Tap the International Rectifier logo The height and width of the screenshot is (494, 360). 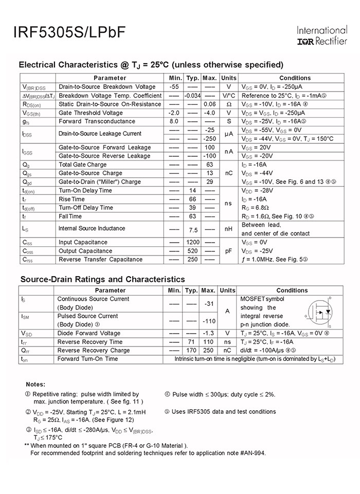[321, 35]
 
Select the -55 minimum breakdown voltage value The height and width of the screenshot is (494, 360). [174, 87]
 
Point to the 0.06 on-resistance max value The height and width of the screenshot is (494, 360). [209, 104]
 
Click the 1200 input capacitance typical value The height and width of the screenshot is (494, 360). [192, 242]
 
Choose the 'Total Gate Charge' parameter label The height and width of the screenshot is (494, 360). [83, 164]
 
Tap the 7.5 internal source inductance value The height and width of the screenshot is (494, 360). [193, 229]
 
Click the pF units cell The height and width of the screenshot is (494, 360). [228, 251]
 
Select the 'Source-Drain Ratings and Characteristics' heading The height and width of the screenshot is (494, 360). [102, 279]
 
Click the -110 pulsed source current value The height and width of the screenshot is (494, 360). [209, 321]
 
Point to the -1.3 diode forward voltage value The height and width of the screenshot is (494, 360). [209, 333]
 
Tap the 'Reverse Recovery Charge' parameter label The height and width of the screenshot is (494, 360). [94, 350]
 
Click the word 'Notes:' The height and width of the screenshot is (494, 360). [35, 384]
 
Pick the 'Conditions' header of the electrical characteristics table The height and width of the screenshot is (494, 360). [295, 78]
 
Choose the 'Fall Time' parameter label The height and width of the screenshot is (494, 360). [70, 216]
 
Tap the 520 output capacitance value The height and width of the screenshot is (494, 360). [192, 251]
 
